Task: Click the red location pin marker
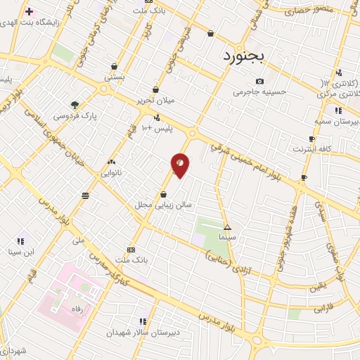[181, 165]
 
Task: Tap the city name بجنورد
[245, 55]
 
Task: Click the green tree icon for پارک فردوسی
[75, 104]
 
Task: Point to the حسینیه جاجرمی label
[260, 91]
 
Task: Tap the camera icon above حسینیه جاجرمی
[260, 81]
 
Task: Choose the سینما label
[226, 238]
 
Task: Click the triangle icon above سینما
[226, 227]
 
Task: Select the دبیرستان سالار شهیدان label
[144, 333]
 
